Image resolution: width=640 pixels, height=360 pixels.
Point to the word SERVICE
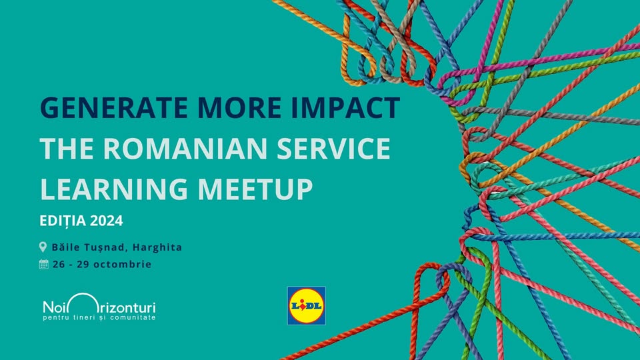coord(333,148)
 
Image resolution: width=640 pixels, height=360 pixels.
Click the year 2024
coord(107,221)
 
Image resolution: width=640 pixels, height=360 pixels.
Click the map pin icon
coord(43,247)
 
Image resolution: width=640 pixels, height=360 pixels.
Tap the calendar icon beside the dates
coord(44,264)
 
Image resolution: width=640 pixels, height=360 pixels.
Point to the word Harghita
coord(157,247)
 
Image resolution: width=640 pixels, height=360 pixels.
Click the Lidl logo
coord(307,306)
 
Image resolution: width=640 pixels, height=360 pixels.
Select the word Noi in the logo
coord(55,307)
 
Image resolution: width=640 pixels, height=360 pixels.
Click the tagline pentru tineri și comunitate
coord(99,317)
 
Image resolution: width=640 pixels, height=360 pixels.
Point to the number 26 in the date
coord(59,264)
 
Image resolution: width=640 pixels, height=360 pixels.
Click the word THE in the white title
coord(67,148)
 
